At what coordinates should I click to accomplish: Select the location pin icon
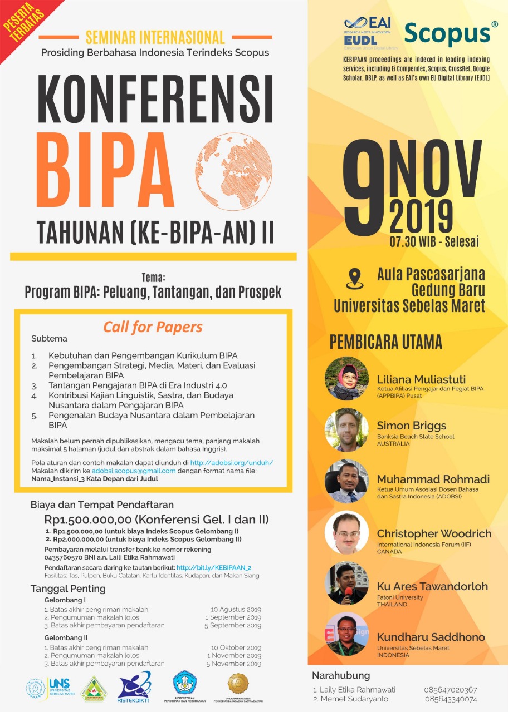click(355, 279)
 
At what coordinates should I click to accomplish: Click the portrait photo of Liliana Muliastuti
click(346, 379)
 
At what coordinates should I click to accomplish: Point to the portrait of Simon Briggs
click(346, 430)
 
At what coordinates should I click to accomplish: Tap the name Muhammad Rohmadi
click(433, 479)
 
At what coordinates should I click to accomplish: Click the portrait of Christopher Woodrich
click(346, 532)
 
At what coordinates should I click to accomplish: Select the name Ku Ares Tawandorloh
click(432, 586)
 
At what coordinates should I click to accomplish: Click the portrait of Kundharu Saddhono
click(346, 634)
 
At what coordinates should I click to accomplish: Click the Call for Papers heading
click(153, 327)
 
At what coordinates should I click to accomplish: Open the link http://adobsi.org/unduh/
click(232, 462)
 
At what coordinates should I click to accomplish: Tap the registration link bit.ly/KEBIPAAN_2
click(214, 567)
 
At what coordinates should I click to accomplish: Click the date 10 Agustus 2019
click(236, 610)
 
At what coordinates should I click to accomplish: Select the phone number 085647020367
click(450, 690)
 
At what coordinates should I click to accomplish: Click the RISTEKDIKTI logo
click(134, 688)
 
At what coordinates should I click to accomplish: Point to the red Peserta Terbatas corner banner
click(22, 22)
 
